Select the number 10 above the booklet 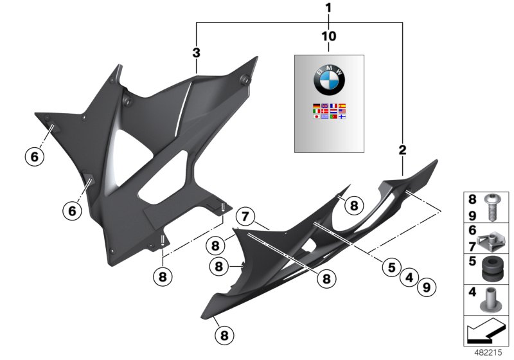[328, 36]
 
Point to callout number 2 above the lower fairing [403, 150]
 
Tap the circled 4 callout [407, 278]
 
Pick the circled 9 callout [424, 288]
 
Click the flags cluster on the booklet [329, 114]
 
